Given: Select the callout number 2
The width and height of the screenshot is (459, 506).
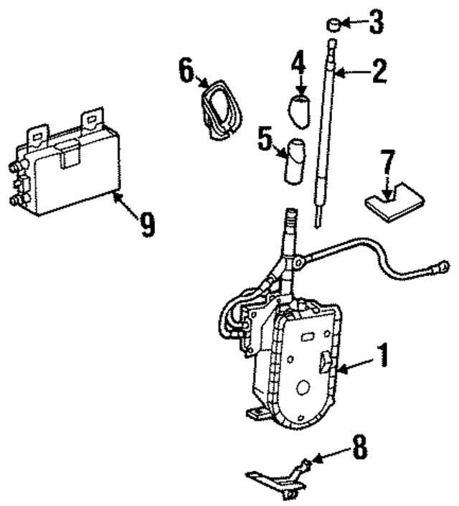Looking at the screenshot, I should click(378, 71).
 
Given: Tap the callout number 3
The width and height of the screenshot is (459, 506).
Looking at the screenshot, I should click(376, 23).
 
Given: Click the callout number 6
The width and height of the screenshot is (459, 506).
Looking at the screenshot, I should click(186, 70).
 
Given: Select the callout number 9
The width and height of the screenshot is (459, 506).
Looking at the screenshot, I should click(147, 226).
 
